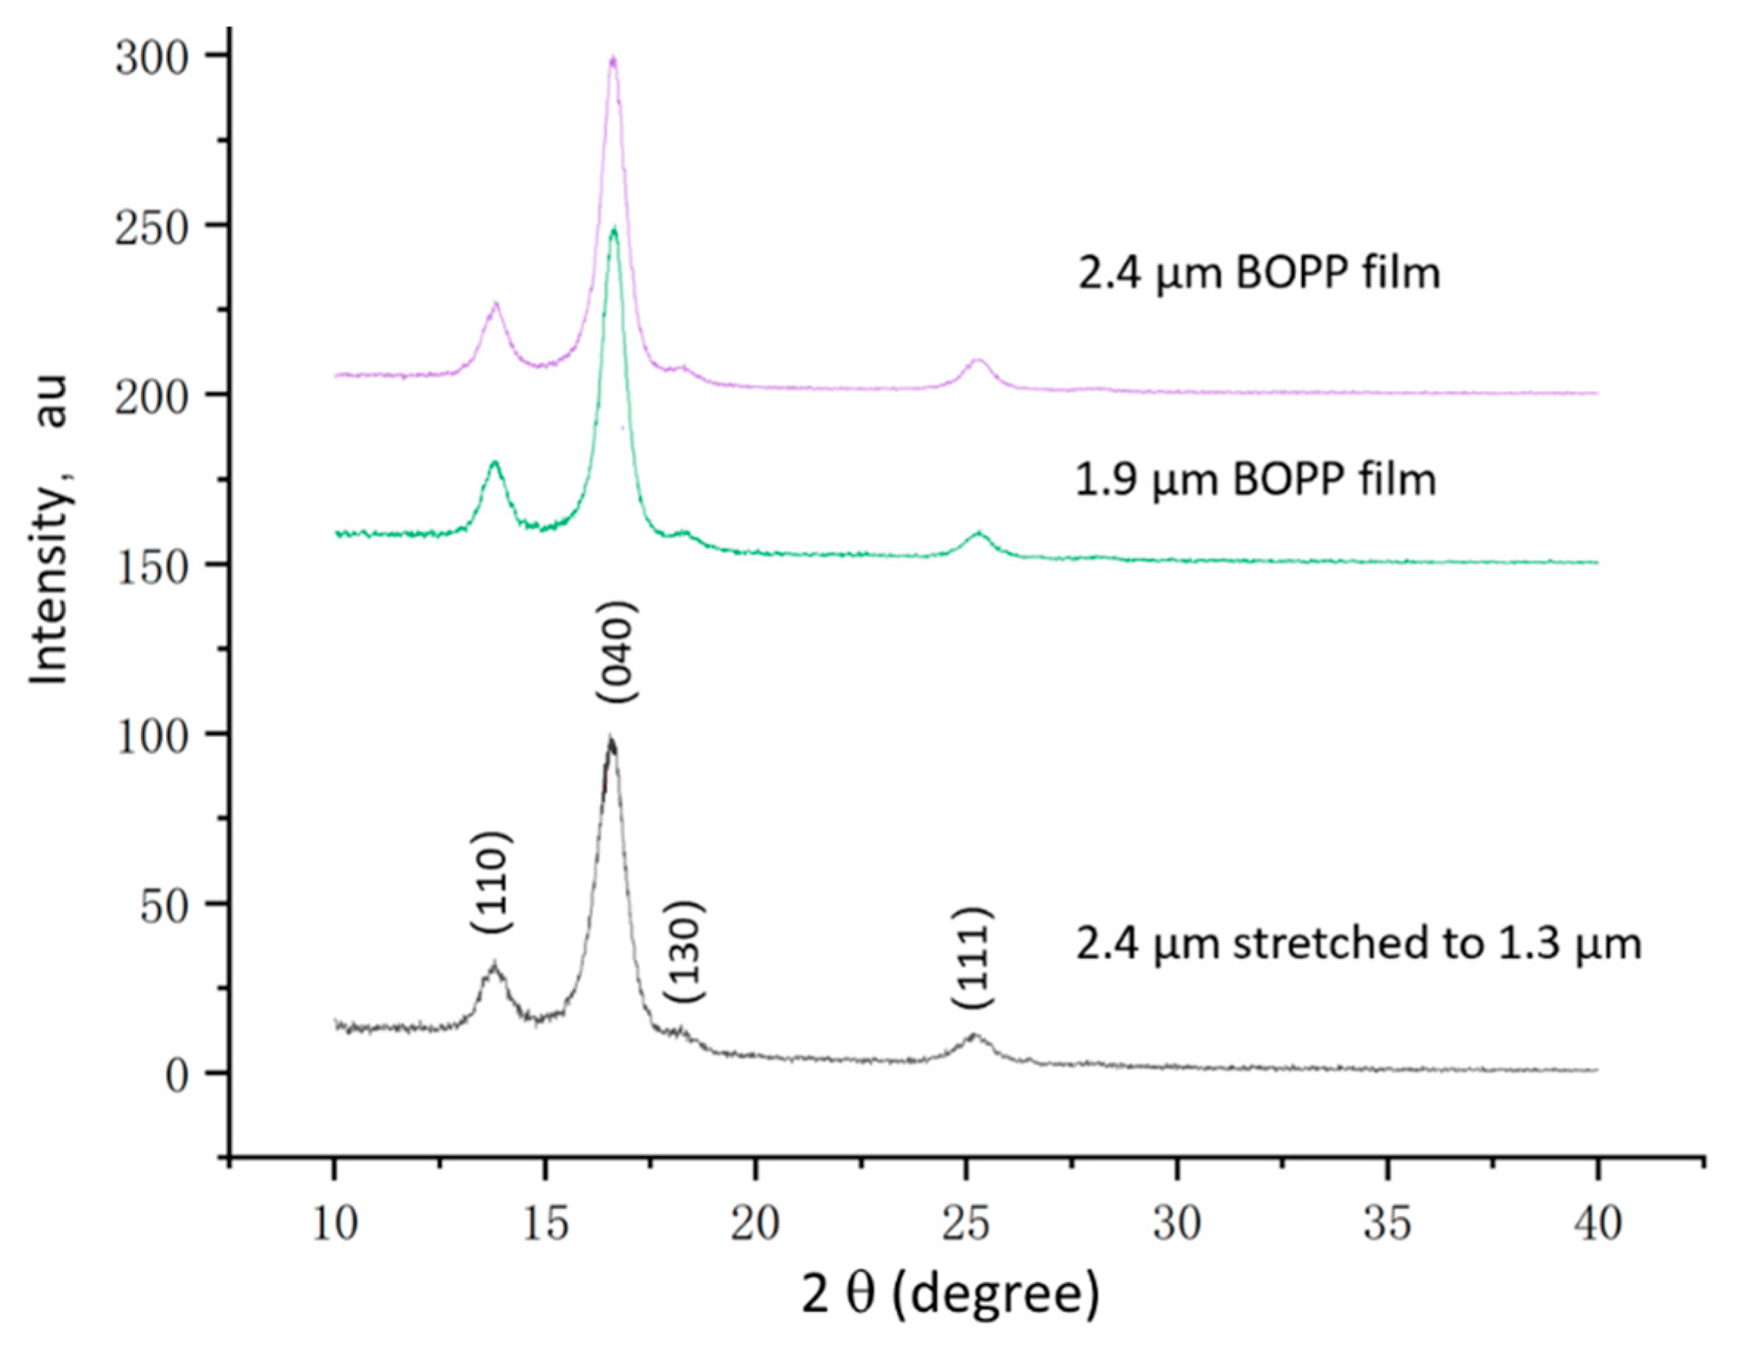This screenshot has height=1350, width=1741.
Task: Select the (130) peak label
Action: coord(684,952)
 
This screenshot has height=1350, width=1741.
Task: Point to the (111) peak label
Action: coord(973,958)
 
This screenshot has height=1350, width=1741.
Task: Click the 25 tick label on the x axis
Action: coord(966,1225)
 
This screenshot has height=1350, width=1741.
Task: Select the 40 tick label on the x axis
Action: coord(1598,1225)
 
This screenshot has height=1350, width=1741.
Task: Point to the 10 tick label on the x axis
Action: coord(335,1225)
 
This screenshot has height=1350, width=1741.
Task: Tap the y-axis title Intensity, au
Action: coord(49,530)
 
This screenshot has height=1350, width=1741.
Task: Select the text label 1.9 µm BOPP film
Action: coord(1256,481)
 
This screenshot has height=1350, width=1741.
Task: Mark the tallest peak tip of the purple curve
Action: coord(612,57)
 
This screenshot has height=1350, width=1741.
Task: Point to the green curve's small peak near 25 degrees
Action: coord(978,532)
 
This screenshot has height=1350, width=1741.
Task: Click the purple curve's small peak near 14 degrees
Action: coord(495,304)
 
